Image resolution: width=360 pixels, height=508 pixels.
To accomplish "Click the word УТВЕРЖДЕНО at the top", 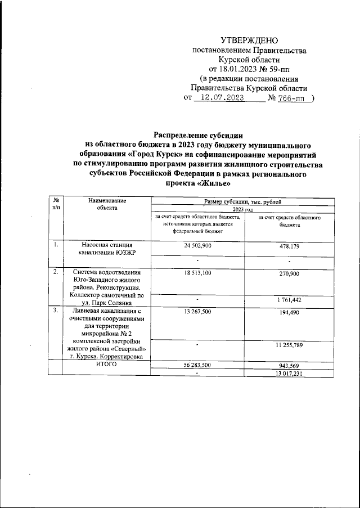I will [249, 40].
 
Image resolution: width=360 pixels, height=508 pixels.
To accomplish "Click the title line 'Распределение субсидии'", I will [199, 134].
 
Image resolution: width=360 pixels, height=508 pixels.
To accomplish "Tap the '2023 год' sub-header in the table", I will [244, 208].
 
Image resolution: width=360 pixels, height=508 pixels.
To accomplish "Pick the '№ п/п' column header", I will [56, 204].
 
